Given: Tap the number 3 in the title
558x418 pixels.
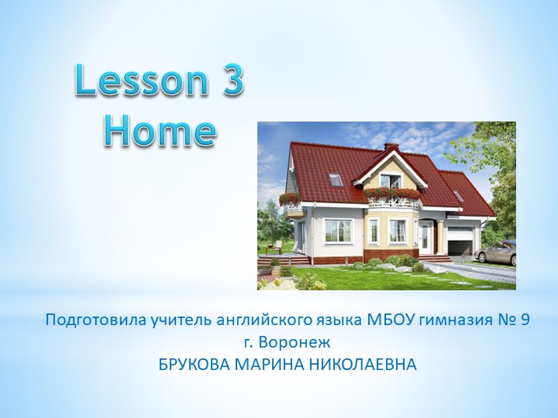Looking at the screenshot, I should point(232,83).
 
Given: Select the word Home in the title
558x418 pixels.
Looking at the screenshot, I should point(160,130).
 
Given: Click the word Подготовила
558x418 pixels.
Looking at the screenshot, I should point(88,320).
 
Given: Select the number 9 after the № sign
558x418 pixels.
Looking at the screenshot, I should point(525,320).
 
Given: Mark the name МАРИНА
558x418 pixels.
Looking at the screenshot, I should point(272,363).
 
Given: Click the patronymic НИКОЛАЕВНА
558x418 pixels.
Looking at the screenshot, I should point(366,363).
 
